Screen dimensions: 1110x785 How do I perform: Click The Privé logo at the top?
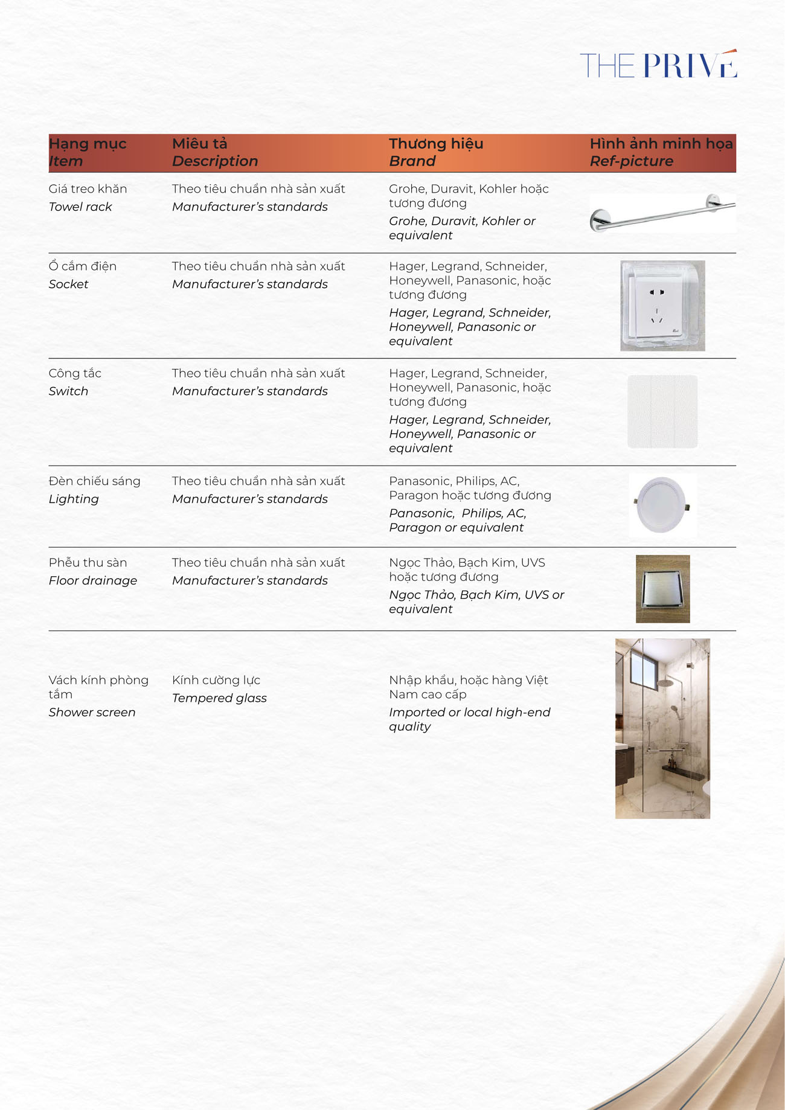pyautogui.click(x=658, y=65)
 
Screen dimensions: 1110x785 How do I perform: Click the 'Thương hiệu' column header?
pyautogui.click(x=435, y=144)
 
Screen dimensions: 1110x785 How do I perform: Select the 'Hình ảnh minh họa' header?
pyautogui.click(x=661, y=144)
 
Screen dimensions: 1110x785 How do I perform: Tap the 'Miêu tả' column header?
pyautogui.click(x=199, y=144)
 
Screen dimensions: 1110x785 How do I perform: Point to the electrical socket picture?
pyautogui.click(x=662, y=306)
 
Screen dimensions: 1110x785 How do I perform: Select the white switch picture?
pyautogui.click(x=662, y=411)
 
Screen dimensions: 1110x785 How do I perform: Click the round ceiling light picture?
pyautogui.click(x=662, y=505)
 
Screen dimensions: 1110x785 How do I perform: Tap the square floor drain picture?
pyautogui.click(x=662, y=589)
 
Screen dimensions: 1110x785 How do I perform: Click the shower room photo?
pyautogui.click(x=662, y=728)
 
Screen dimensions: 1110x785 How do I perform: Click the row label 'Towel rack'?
pyautogui.click(x=80, y=207)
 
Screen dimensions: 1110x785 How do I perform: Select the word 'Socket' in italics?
pyautogui.click(x=68, y=284)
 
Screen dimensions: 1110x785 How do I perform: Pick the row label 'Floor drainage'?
pyautogui.click(x=93, y=580)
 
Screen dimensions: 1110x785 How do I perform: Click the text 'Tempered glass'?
pyautogui.click(x=219, y=698)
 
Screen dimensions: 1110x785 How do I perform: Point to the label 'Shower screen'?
pyautogui.click(x=92, y=713)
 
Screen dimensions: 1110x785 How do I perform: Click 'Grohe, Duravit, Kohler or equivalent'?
pyautogui.click(x=461, y=228)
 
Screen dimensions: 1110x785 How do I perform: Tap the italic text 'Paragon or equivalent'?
pyautogui.click(x=456, y=528)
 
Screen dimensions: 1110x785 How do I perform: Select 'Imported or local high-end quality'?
pyautogui.click(x=469, y=719)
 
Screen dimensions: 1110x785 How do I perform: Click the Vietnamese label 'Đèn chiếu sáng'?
pyautogui.click(x=94, y=481)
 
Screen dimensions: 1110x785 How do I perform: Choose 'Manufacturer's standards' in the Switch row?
pyautogui.click(x=249, y=391)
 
